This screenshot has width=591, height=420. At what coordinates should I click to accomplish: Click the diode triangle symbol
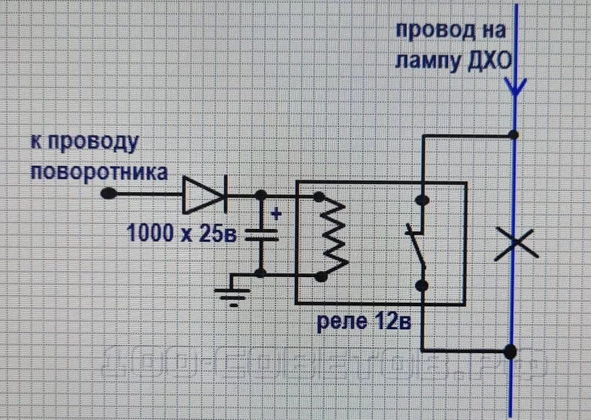tap(203, 195)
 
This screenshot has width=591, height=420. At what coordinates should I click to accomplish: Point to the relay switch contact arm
tap(415, 244)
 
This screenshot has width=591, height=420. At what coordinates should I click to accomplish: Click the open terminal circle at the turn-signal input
tap(109, 195)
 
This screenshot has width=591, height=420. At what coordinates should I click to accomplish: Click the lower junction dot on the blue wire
tap(510, 353)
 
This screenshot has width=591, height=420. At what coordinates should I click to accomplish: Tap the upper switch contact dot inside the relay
tap(421, 201)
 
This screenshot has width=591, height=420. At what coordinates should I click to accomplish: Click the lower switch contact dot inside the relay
tap(421, 286)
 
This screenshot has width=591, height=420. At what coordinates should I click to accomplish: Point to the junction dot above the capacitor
tap(262, 196)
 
